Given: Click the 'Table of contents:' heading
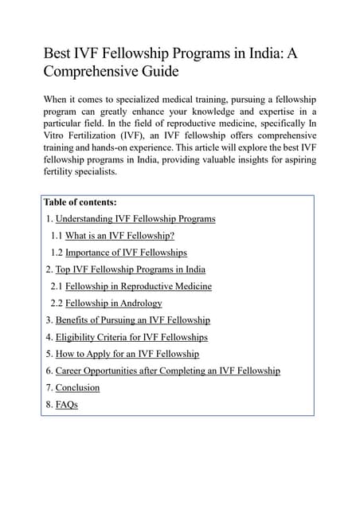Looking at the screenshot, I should (x=80, y=202).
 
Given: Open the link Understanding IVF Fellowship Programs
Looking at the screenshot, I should (x=135, y=218).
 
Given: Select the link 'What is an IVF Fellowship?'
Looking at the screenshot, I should (x=119, y=236).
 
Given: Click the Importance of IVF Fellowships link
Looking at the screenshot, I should (x=126, y=253).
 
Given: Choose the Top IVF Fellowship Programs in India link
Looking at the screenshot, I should (x=130, y=269).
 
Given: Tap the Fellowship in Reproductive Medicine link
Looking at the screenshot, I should (x=138, y=286).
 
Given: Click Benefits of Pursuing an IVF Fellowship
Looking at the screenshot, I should (x=132, y=320).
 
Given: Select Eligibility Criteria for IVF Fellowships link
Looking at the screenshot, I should (x=131, y=337).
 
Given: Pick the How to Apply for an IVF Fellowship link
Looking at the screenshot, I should (x=127, y=354).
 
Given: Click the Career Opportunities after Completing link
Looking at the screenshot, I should (x=167, y=371).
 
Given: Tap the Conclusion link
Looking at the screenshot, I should (x=77, y=387).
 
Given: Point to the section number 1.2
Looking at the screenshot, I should (x=57, y=253).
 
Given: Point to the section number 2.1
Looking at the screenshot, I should (x=57, y=286).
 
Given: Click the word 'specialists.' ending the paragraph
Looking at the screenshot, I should (x=95, y=171).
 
